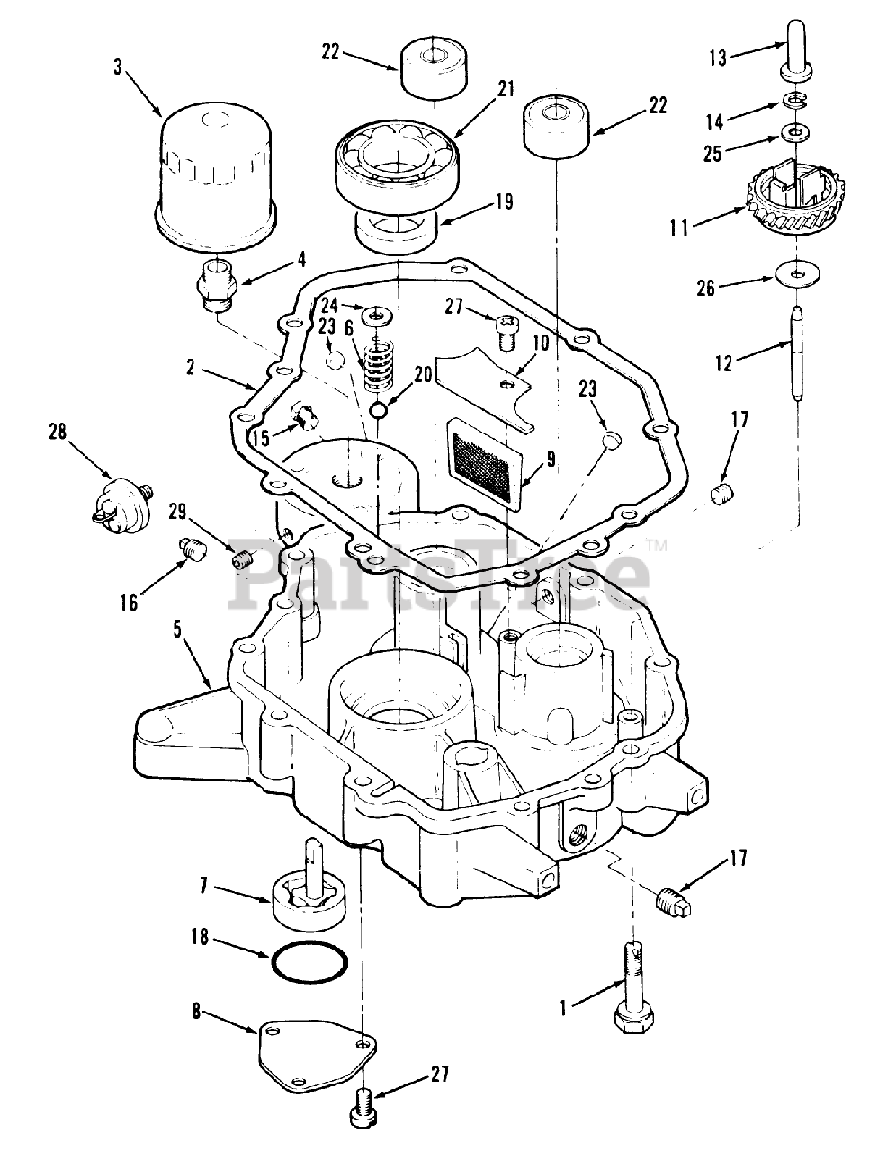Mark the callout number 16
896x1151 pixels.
click(x=130, y=602)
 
